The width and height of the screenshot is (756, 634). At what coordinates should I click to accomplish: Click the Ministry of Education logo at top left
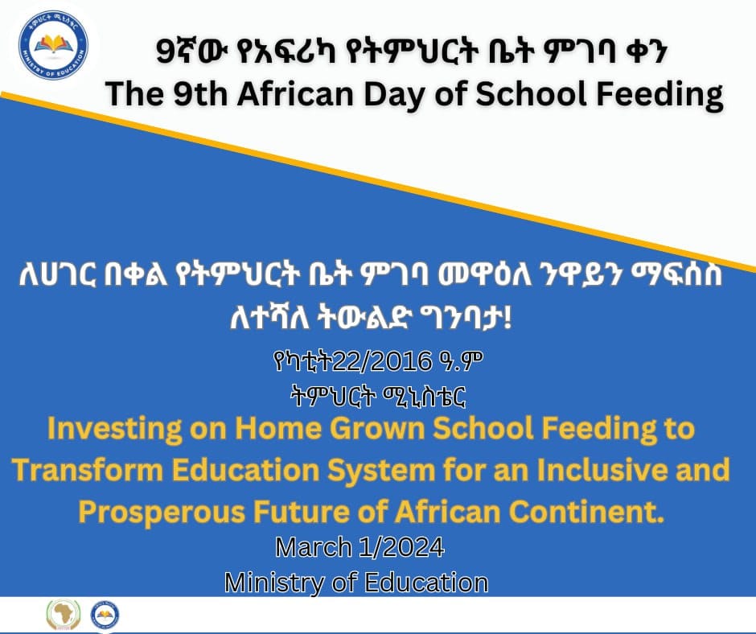[53, 45]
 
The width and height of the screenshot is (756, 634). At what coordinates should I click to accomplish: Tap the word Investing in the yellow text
[115, 429]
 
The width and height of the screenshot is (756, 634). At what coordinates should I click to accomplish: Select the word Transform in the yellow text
[88, 470]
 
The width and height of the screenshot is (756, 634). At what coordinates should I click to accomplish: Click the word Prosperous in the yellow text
[162, 513]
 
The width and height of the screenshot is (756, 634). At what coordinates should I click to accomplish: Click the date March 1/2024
[360, 547]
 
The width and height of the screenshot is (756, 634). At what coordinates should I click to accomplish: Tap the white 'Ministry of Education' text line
[356, 583]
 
